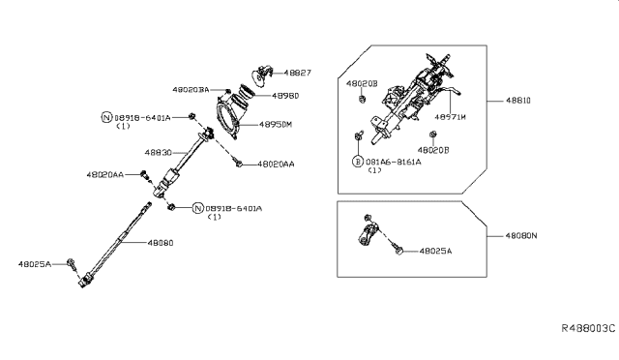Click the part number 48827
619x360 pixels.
point(299,73)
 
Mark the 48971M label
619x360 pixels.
point(450,116)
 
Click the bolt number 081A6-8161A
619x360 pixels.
point(397,162)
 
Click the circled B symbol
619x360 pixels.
point(357,162)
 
